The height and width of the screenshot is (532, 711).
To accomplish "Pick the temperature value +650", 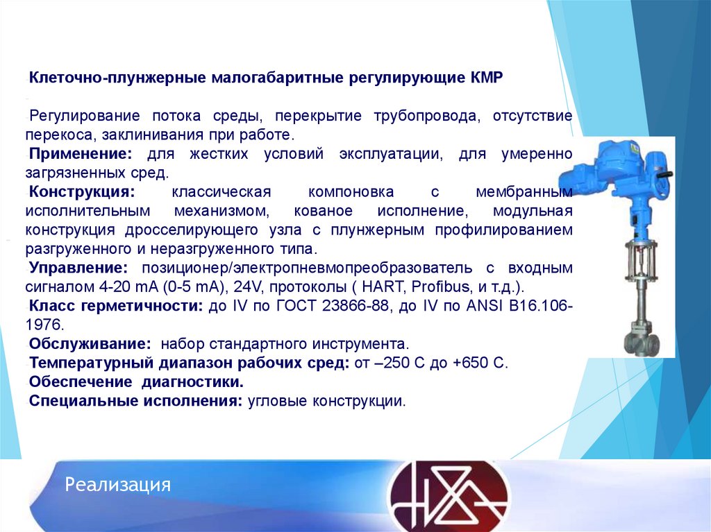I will pos(472,363).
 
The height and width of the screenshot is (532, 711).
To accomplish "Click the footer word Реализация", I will pos(118,484).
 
